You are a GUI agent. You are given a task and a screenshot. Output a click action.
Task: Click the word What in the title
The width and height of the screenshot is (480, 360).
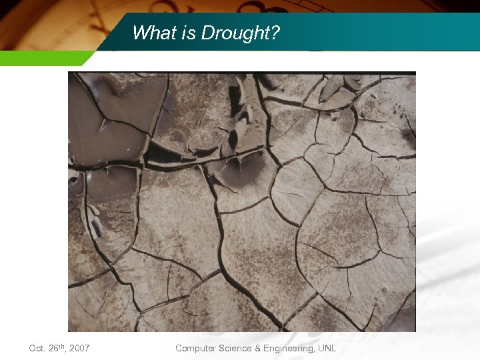pyautogui.click(x=150, y=33)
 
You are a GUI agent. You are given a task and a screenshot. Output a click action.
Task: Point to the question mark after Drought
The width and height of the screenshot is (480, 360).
pyautogui.click(x=275, y=33)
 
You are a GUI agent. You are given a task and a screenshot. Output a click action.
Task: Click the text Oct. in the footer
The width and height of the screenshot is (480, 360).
pyautogui.click(x=37, y=348)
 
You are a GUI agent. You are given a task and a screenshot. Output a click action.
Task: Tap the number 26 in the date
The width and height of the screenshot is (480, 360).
pyautogui.click(x=54, y=348)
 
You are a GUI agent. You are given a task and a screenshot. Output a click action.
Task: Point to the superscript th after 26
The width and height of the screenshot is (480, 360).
pyautogui.click(x=64, y=345)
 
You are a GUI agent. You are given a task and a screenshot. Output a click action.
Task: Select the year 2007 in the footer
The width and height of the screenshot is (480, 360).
pyautogui.click(x=80, y=348)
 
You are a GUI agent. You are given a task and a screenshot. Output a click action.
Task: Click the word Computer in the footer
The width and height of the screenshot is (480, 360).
pyautogui.click(x=195, y=348)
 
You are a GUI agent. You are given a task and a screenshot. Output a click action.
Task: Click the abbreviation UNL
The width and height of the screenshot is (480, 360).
pyautogui.click(x=327, y=348)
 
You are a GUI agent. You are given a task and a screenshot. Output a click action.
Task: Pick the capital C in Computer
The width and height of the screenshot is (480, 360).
pyautogui.click(x=179, y=348)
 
